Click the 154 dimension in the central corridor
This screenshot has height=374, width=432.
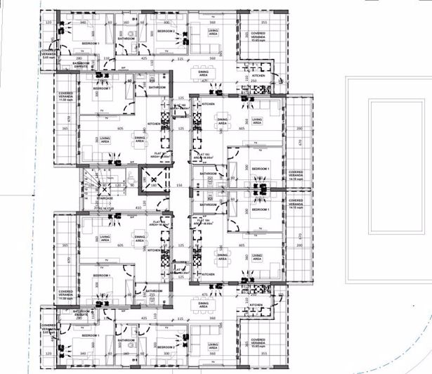tap(179, 184)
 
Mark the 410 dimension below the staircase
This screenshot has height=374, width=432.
tap(138, 209)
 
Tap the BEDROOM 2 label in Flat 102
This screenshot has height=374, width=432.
tap(166, 31)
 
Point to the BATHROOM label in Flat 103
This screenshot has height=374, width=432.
tap(208, 173)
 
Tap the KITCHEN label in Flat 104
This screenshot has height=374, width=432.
tap(207, 274)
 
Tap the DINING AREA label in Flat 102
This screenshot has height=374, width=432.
tap(203, 72)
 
